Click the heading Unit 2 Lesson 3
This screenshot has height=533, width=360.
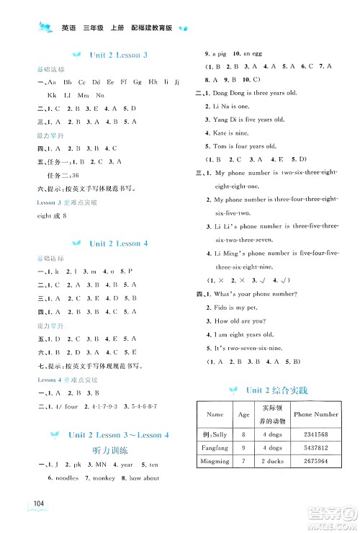[x=119, y=55]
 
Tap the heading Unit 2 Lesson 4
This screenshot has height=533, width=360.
[x=119, y=243]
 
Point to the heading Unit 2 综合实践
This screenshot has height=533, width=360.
[x=276, y=390]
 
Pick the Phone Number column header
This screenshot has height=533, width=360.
[x=316, y=414]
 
